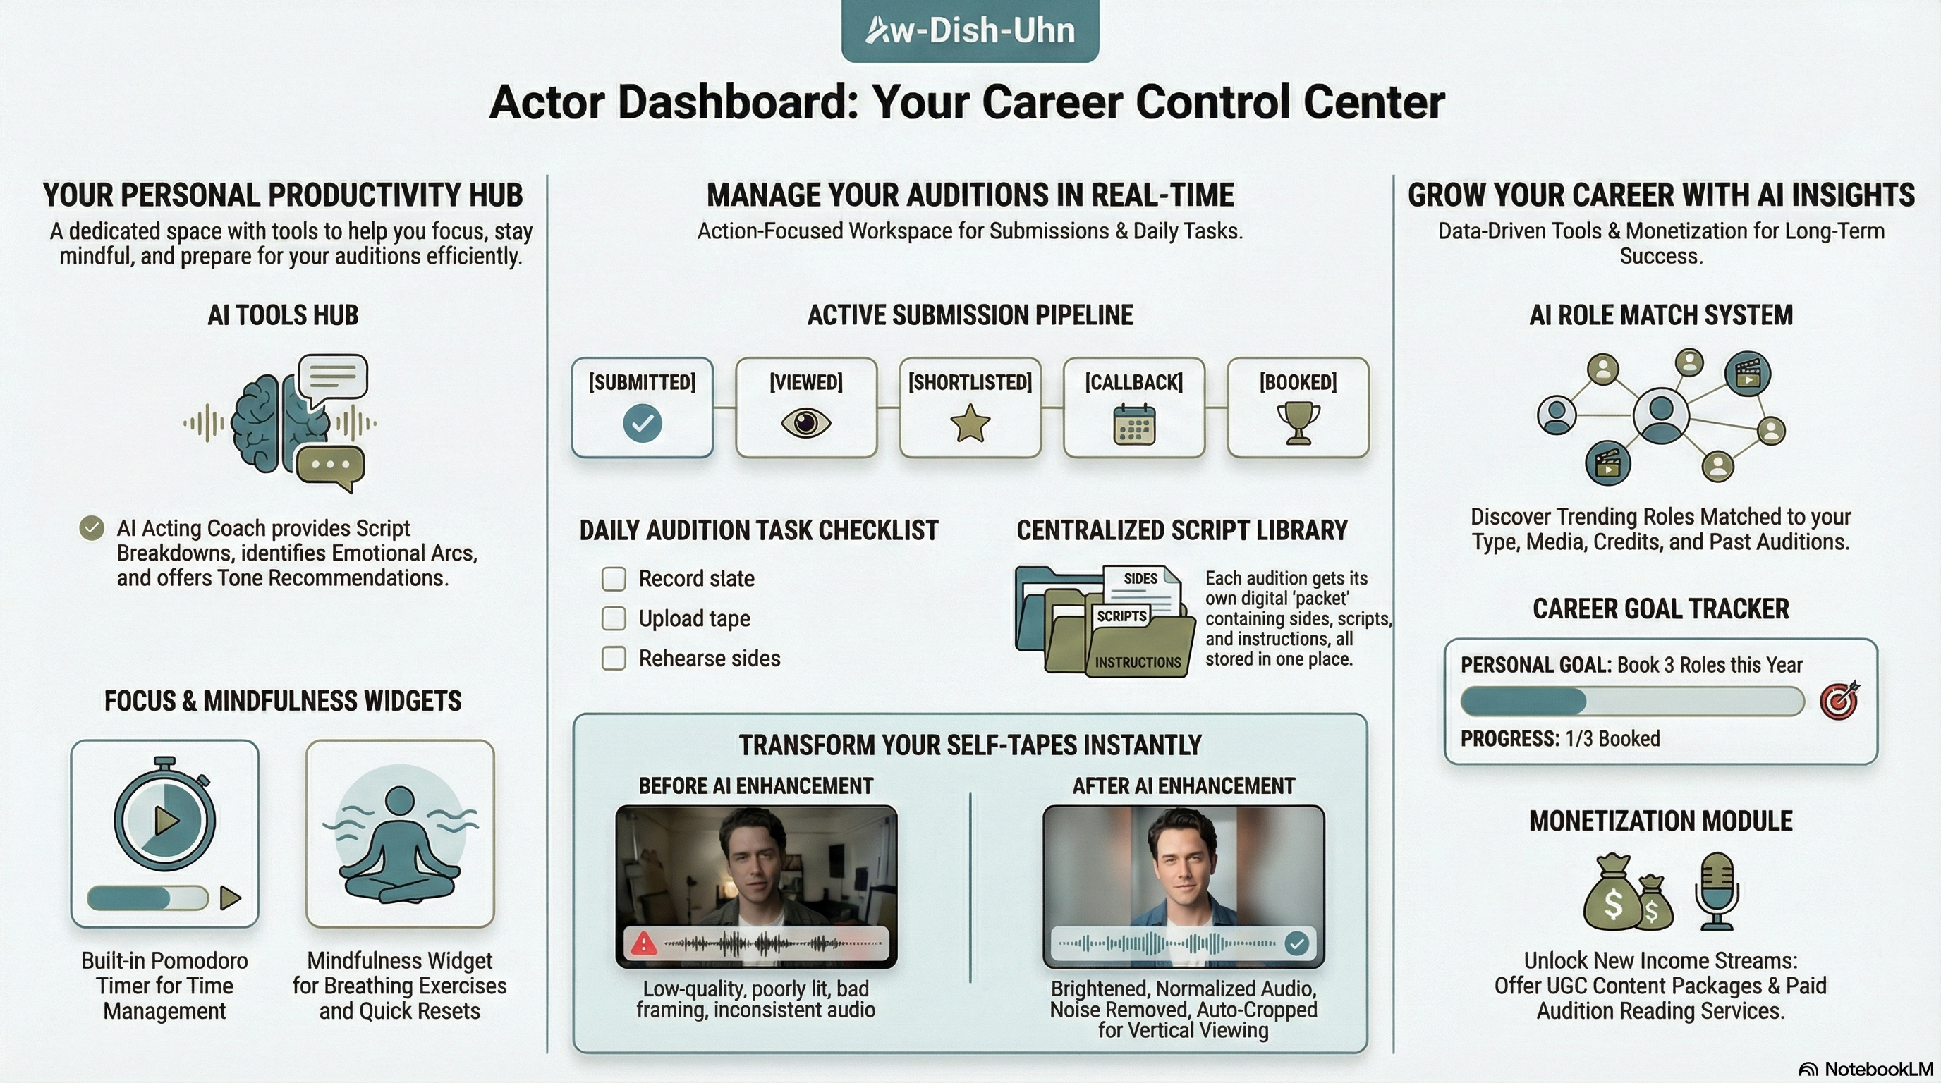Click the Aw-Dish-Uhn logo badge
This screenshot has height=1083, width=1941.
(x=970, y=30)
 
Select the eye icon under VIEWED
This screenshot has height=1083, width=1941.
(x=805, y=422)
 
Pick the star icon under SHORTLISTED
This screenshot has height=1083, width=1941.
(x=970, y=423)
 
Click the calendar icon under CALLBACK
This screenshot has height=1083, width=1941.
(x=1134, y=424)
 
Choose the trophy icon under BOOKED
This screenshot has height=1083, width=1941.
(x=1298, y=423)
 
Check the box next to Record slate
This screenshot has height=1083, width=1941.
(x=614, y=578)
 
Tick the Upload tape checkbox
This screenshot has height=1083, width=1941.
(x=614, y=618)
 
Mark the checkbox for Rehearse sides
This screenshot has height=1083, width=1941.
(x=614, y=659)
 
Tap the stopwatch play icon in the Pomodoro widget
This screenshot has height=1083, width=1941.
(x=165, y=819)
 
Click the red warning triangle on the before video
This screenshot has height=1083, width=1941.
(x=643, y=943)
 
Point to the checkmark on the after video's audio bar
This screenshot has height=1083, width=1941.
(x=1296, y=943)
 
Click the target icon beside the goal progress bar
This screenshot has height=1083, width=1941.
(x=1839, y=701)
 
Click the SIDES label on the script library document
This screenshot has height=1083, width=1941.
(x=1140, y=578)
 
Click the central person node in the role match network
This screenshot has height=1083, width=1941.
(x=1661, y=414)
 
